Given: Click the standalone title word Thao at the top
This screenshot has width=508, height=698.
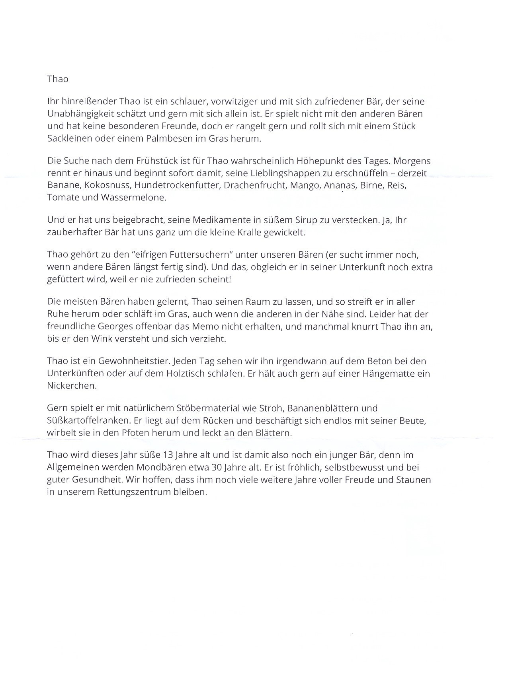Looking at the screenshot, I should pos(58,79).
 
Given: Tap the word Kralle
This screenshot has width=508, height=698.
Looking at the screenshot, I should pos(250,233).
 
